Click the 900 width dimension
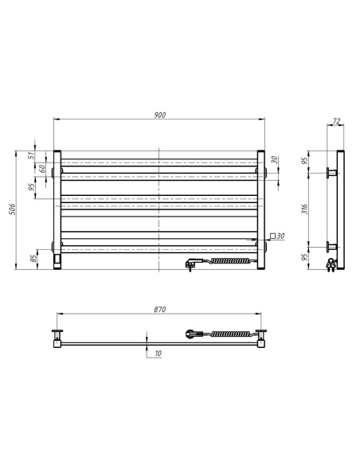pyautogui.click(x=159, y=115)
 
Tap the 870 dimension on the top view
pyautogui.click(x=159, y=310)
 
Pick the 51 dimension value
pyautogui.click(x=32, y=155)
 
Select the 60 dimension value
pyautogui.click(x=32, y=169)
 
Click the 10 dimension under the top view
pyautogui.click(x=158, y=352)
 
